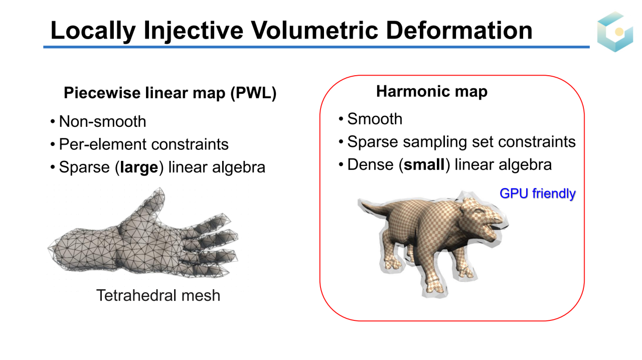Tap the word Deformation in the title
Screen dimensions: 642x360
(x=459, y=30)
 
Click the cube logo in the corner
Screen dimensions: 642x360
(x=615, y=32)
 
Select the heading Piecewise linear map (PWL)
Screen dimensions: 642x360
(x=170, y=93)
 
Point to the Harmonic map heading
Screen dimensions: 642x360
(x=432, y=91)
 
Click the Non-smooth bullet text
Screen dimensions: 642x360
(x=102, y=121)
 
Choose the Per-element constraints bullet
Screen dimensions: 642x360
(x=143, y=144)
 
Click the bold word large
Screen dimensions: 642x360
(x=139, y=167)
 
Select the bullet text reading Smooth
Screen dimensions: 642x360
(x=375, y=119)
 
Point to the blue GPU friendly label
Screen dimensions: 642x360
(x=537, y=194)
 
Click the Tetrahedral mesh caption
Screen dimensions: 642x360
(x=158, y=295)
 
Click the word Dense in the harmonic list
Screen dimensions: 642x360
(x=370, y=164)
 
